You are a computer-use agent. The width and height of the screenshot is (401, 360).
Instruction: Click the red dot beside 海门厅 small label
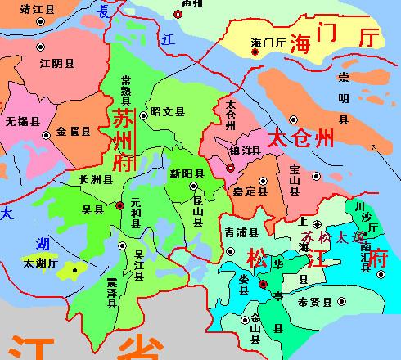255,52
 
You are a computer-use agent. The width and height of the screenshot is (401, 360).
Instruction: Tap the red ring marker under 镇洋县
230,169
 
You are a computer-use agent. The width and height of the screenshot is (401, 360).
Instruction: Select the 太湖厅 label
39,263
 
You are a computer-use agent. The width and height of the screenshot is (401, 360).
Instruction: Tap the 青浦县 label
241,232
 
